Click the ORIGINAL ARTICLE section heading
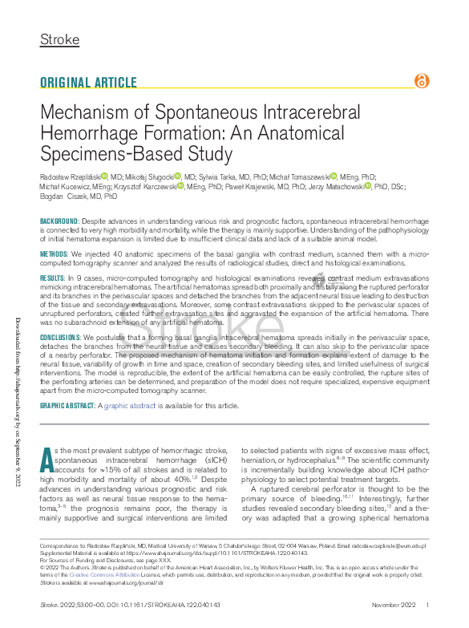88,83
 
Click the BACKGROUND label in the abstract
60,221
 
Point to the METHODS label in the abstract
55,253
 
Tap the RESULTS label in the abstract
54,277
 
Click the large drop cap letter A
46,460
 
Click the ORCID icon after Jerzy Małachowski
367,186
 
